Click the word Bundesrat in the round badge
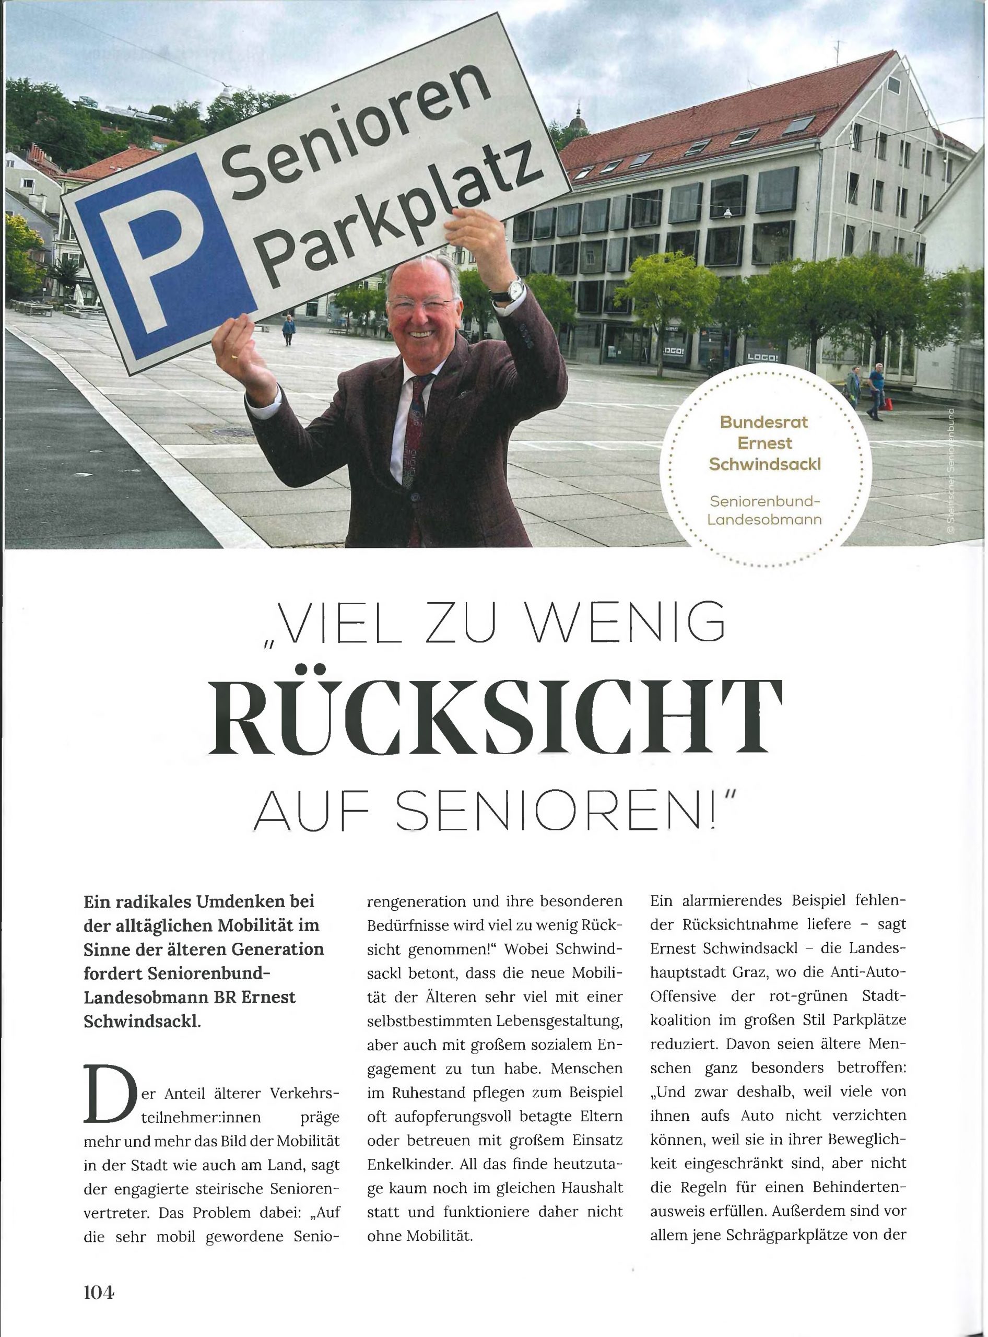pos(764,423)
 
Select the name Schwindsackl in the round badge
pos(764,465)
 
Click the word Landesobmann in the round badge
pos(764,519)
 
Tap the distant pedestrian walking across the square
pos(289,330)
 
